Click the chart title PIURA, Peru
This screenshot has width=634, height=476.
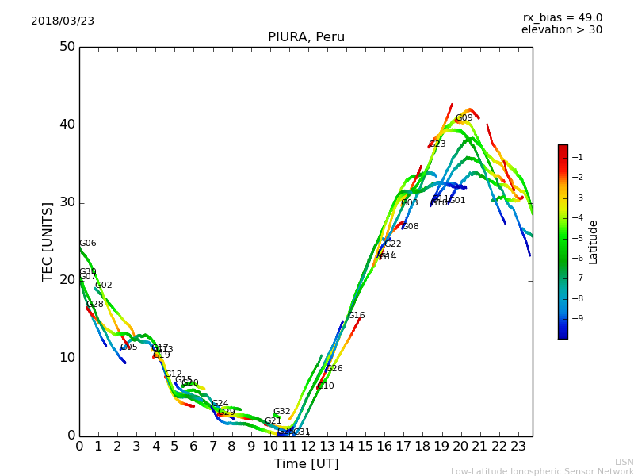pos(306,37)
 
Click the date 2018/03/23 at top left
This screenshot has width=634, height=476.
pos(63,21)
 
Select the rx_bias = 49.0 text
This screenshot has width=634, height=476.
pos(562,17)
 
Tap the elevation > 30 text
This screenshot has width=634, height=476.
pos(562,30)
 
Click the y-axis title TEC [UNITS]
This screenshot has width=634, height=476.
pos(48,241)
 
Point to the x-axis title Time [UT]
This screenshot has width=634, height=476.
pos(306,464)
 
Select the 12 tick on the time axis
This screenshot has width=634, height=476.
pos(308,447)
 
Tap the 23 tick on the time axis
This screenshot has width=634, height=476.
pos(518,447)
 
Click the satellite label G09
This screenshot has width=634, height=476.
pos(464,118)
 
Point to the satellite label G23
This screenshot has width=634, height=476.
pos(437,144)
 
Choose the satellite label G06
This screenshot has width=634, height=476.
pos(87,244)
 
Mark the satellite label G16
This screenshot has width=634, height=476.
pos(356,316)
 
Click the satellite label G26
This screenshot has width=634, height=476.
pos(334,369)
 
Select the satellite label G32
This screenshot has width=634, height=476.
pos(281,412)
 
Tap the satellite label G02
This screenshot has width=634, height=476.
pos(103,286)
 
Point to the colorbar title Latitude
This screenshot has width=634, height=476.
pos(594,242)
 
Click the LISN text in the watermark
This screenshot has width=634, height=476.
pos(624,462)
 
